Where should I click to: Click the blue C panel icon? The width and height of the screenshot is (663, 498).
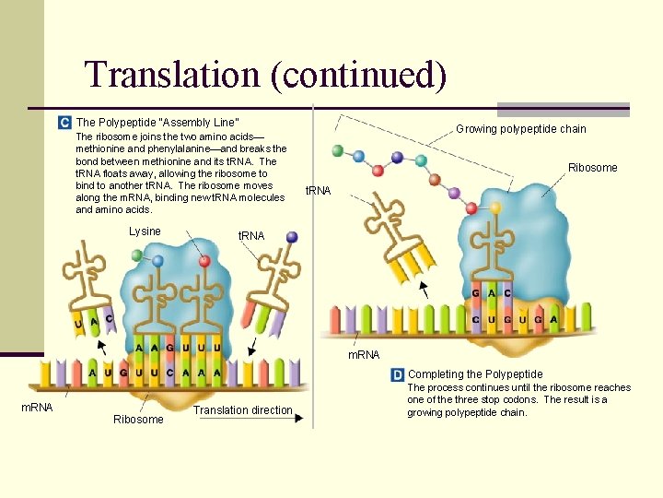pyautogui.click(x=64, y=123)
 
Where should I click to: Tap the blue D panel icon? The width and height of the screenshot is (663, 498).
pyautogui.click(x=397, y=374)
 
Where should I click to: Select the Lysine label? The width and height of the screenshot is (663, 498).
pyautogui.click(x=145, y=231)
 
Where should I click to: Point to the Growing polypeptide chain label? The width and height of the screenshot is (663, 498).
pyautogui.click(x=520, y=129)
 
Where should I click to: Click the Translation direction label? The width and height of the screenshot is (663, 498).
pyautogui.click(x=243, y=410)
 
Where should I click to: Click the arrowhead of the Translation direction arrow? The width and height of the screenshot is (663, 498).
pyautogui.click(x=299, y=418)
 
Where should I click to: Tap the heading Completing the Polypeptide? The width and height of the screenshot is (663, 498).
pyautogui.click(x=475, y=374)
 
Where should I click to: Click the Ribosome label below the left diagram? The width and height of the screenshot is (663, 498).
pyautogui.click(x=138, y=420)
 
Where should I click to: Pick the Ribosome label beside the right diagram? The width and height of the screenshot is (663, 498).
pyautogui.click(x=592, y=168)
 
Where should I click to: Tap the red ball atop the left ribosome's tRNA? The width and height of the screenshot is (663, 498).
pyautogui.click(x=204, y=261)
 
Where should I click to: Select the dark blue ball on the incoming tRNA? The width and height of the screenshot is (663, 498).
pyautogui.click(x=292, y=237)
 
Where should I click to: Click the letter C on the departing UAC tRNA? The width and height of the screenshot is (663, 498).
pyautogui.click(x=109, y=319)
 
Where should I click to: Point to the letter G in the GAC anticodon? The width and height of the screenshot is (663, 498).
pyautogui.click(x=475, y=294)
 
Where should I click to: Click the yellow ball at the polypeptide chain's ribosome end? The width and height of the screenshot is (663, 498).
pyautogui.click(x=495, y=207)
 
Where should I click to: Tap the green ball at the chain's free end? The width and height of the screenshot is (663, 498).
pyautogui.click(x=337, y=150)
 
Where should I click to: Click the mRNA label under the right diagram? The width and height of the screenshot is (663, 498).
pyautogui.click(x=363, y=355)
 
